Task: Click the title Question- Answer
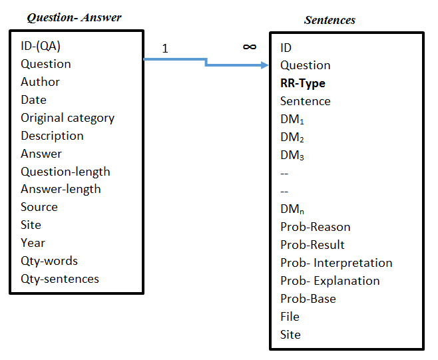coord(74,17)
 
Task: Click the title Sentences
coord(329,20)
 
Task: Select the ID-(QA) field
coord(45,46)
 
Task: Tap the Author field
coord(40,82)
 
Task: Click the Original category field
coord(67,118)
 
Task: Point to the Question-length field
coord(65,172)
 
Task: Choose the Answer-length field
coord(61,189)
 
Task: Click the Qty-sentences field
coord(59,279)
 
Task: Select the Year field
coord(33,243)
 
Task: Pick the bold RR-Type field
coord(302,83)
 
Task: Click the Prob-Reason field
coord(315,227)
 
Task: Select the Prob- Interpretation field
coord(336,263)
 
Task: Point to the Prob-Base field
coord(308,299)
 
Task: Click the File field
coord(290,317)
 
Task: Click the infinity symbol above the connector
coord(250,47)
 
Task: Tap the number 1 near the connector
coord(165,49)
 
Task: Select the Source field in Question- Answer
coord(39,207)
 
